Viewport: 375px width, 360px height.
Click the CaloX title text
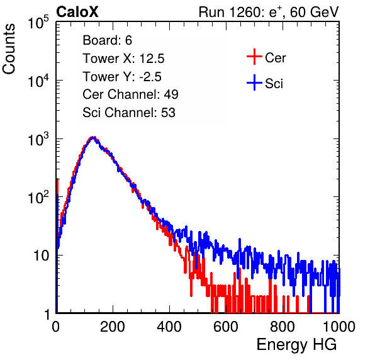point(77,12)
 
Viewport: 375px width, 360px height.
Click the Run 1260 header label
point(268,12)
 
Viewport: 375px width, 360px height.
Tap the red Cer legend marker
point(254,57)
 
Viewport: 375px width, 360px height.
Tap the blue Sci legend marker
point(254,82)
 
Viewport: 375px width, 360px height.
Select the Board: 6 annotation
point(107,40)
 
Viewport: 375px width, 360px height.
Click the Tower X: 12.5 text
point(123,59)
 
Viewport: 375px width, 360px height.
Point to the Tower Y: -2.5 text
point(122,77)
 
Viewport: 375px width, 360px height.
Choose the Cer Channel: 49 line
point(130,94)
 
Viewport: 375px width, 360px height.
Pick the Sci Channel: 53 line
point(129,113)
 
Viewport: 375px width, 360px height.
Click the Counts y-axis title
point(9,49)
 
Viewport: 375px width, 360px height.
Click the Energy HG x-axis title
point(296,345)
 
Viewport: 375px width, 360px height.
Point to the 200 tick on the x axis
point(113,327)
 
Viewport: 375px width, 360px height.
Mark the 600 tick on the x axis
point(226,327)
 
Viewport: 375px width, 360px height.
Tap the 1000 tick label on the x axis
point(339,327)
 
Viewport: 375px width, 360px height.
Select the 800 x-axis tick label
point(283,327)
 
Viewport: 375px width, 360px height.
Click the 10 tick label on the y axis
point(42,256)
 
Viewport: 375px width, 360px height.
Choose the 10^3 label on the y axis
point(38,139)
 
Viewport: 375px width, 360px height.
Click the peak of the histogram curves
point(93,138)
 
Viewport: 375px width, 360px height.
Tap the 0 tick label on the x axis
point(56,327)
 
